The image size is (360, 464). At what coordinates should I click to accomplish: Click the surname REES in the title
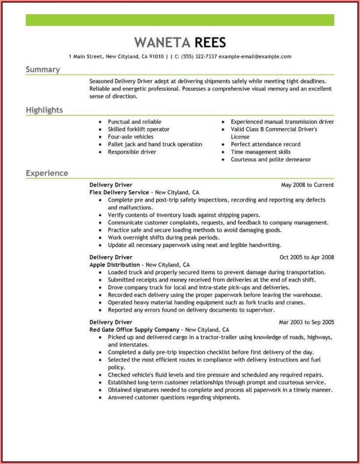click(x=210, y=42)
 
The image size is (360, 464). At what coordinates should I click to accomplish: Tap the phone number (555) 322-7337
click(x=199, y=57)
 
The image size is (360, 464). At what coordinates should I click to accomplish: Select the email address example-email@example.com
click(x=255, y=57)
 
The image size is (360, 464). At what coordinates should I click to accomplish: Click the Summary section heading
click(x=42, y=69)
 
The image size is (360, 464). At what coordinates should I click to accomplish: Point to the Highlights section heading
click(x=44, y=110)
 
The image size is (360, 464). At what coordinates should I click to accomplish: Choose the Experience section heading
click(x=47, y=173)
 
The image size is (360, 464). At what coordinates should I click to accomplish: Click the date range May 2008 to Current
click(x=307, y=185)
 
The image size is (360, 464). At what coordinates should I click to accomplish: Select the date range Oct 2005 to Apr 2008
click(x=307, y=257)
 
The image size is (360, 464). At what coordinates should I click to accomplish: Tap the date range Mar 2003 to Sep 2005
click(x=306, y=322)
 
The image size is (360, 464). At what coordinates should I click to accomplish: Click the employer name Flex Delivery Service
click(x=119, y=193)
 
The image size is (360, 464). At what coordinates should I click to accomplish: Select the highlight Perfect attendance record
click(x=265, y=144)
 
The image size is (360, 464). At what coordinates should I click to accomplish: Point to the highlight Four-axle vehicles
click(x=131, y=136)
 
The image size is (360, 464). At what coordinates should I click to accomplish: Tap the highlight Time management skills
click(x=261, y=152)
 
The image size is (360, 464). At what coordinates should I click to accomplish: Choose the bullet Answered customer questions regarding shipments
click(x=174, y=398)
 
